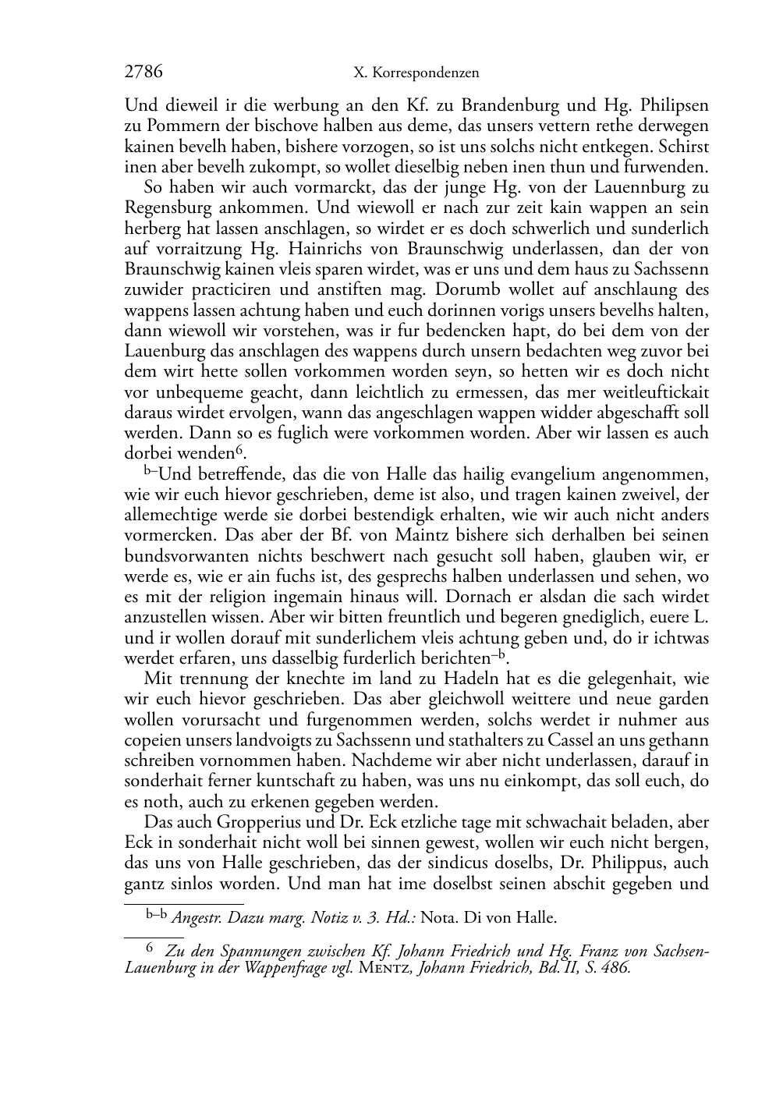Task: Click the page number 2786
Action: click(143, 73)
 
